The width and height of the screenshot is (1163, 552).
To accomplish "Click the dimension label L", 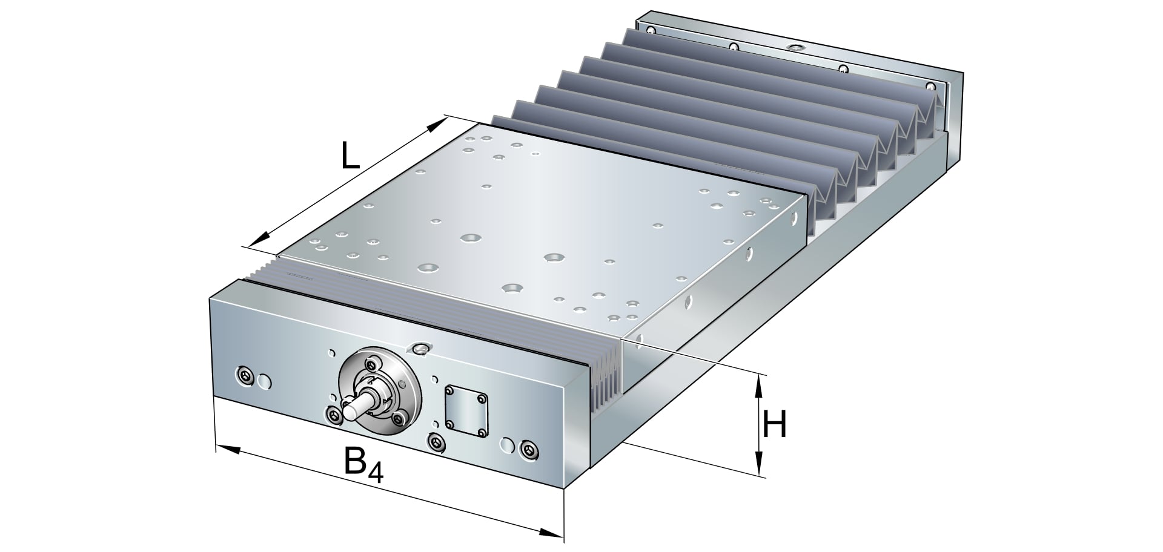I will pos(350,157).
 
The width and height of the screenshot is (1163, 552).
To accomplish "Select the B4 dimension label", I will pos(363,465).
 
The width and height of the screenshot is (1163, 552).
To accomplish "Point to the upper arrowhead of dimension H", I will pos(758,382).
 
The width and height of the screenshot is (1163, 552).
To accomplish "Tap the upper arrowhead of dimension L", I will pos(437,125).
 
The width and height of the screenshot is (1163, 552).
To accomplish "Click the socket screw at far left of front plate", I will pos(245,376).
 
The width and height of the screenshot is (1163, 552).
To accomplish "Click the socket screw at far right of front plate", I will pos(529,450).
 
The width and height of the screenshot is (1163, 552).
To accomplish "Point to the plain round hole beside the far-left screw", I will pos(265,381).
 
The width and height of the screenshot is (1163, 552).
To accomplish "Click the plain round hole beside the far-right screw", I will pos(505,446).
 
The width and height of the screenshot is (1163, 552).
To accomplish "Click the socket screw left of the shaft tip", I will pos(333,415).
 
